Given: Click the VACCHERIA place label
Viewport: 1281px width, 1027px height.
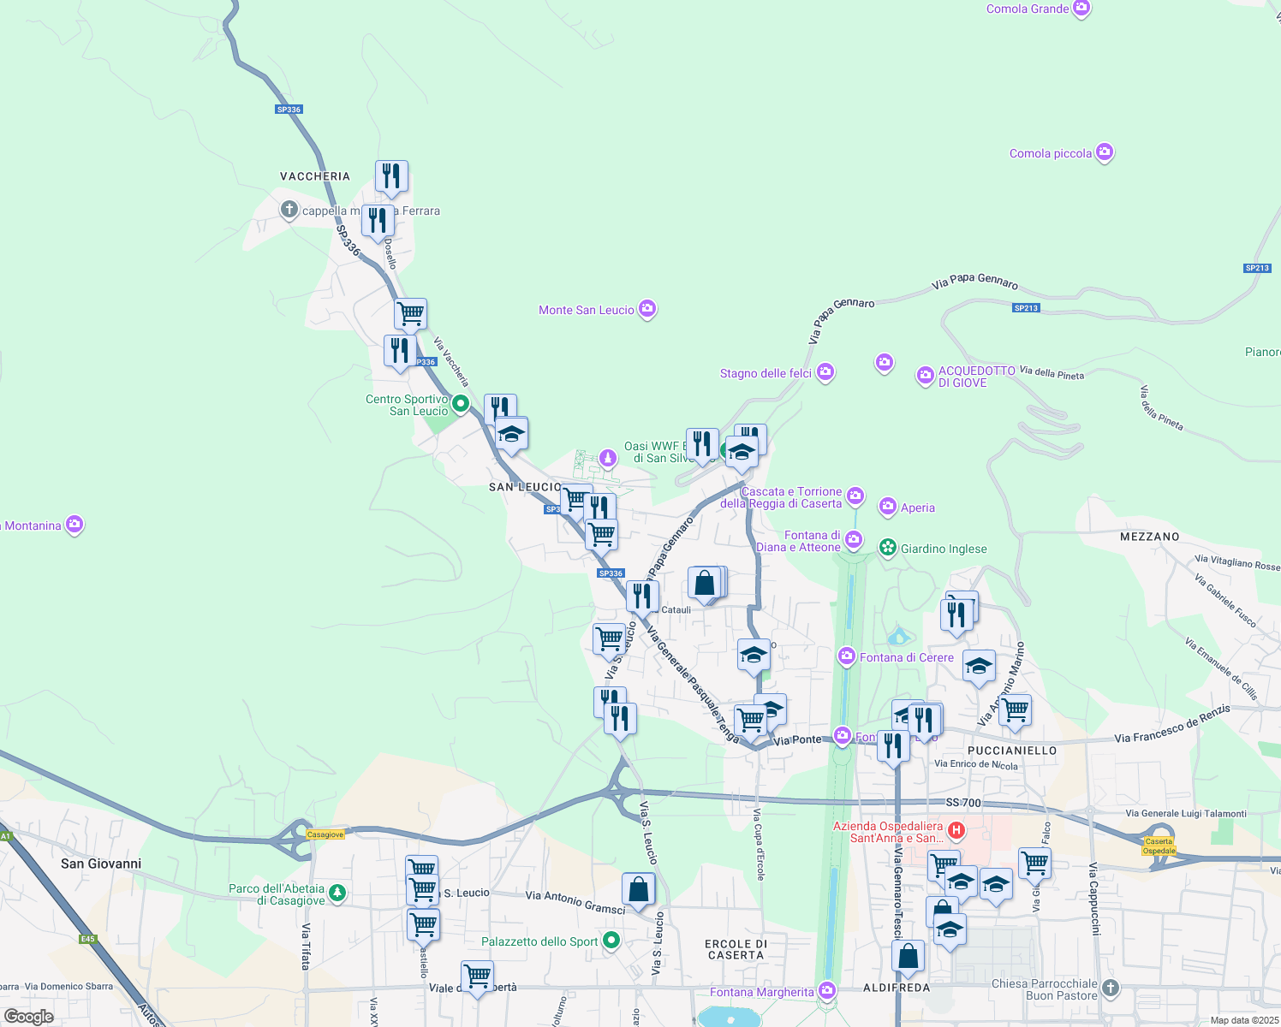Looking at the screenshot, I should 315,176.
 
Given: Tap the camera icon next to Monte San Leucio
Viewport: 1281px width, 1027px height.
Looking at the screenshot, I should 647,309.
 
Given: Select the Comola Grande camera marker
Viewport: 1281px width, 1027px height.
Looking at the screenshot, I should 1081,9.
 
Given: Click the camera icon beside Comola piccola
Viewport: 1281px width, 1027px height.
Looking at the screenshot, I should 1105,153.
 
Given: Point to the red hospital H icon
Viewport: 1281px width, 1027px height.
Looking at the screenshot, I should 956,830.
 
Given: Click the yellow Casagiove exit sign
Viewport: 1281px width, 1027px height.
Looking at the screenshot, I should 325,834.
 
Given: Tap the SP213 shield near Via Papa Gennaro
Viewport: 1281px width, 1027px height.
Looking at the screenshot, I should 1026,308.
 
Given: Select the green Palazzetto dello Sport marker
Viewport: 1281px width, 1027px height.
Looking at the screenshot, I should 611,941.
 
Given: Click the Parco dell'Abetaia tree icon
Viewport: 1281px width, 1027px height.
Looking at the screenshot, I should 338,893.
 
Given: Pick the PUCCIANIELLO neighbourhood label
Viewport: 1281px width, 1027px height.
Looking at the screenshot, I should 1012,751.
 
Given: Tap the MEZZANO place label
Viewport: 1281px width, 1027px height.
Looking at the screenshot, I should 1149,537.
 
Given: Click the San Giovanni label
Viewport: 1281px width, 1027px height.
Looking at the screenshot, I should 101,864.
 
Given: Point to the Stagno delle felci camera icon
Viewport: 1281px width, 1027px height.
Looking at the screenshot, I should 825,372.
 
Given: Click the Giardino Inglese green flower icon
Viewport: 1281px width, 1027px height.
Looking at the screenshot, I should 888,548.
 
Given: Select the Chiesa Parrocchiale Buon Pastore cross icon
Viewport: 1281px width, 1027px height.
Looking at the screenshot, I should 1111,988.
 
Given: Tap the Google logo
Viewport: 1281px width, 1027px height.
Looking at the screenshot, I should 29,1017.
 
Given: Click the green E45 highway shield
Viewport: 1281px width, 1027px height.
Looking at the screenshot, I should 88,939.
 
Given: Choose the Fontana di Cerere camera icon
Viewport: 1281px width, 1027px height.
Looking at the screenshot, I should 847,656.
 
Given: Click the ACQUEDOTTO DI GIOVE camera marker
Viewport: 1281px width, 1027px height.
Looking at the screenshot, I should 925,376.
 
